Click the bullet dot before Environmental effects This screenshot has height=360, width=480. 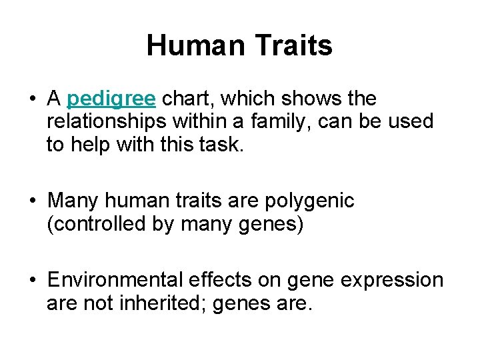click(32, 281)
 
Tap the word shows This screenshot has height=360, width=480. click(315, 99)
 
